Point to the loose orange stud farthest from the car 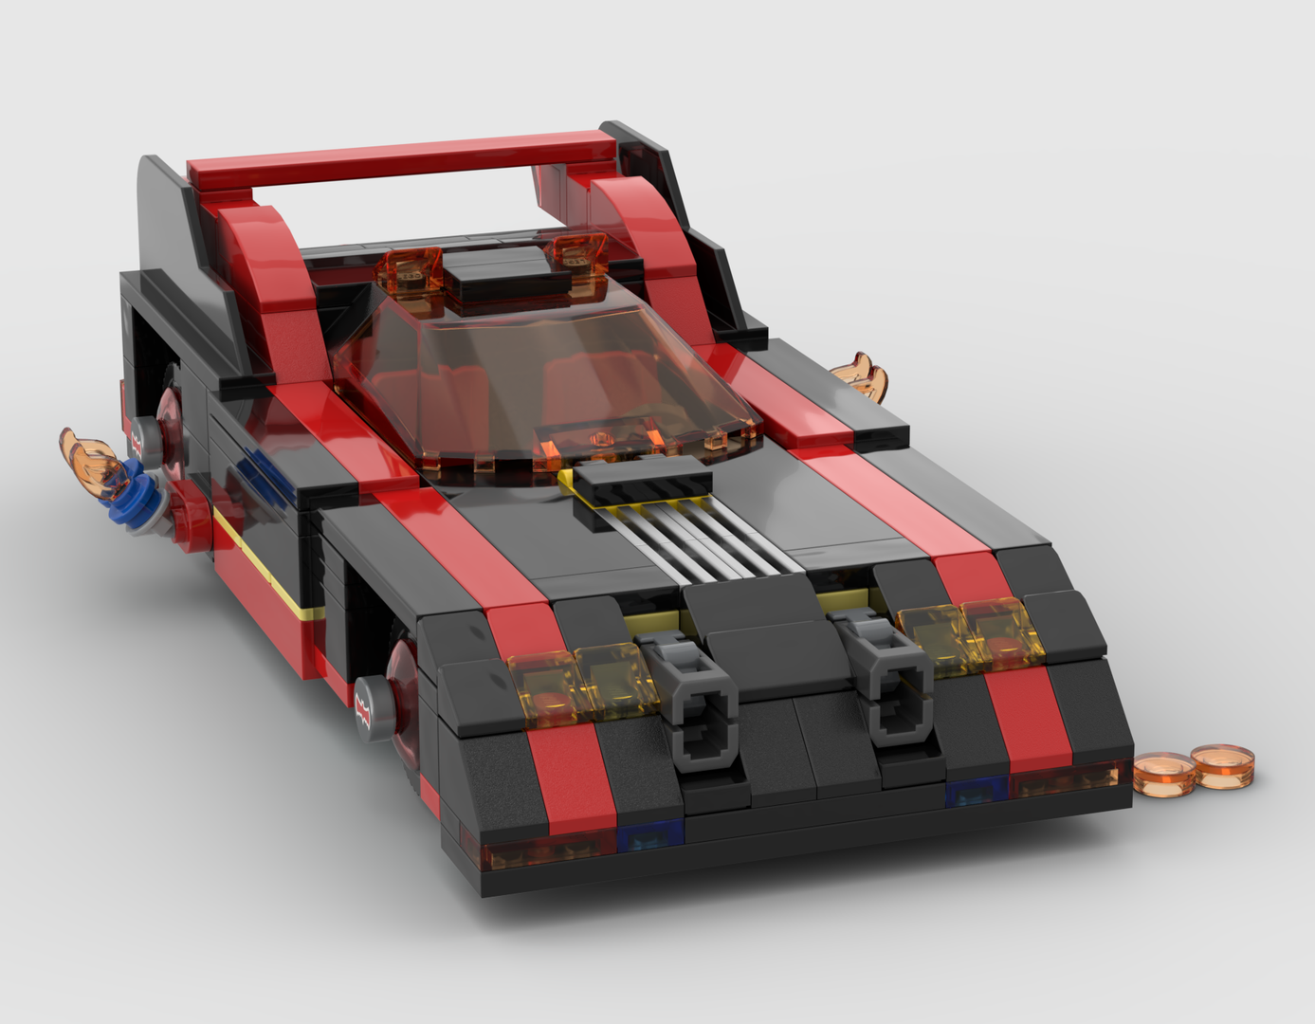click(1223, 764)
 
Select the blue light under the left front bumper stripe click(649, 835)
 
